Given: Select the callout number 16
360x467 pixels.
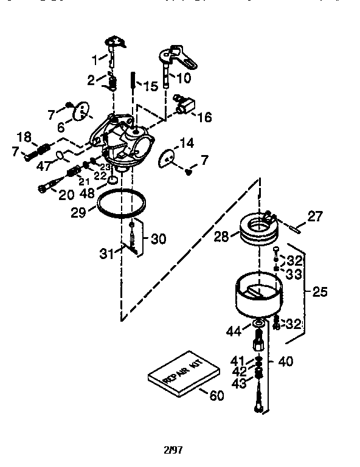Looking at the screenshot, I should click(204, 117).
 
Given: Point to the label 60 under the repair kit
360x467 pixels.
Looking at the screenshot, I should click(216, 395).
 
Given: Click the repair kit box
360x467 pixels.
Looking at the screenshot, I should click(184, 373).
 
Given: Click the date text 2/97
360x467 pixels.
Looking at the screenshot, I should click(173, 451).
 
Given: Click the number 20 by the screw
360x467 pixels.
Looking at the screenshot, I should click(66, 195).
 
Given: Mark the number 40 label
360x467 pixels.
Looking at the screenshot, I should click(285, 361).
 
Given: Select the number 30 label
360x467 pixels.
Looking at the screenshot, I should click(158, 239).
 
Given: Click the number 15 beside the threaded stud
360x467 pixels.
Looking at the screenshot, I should click(150, 86).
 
